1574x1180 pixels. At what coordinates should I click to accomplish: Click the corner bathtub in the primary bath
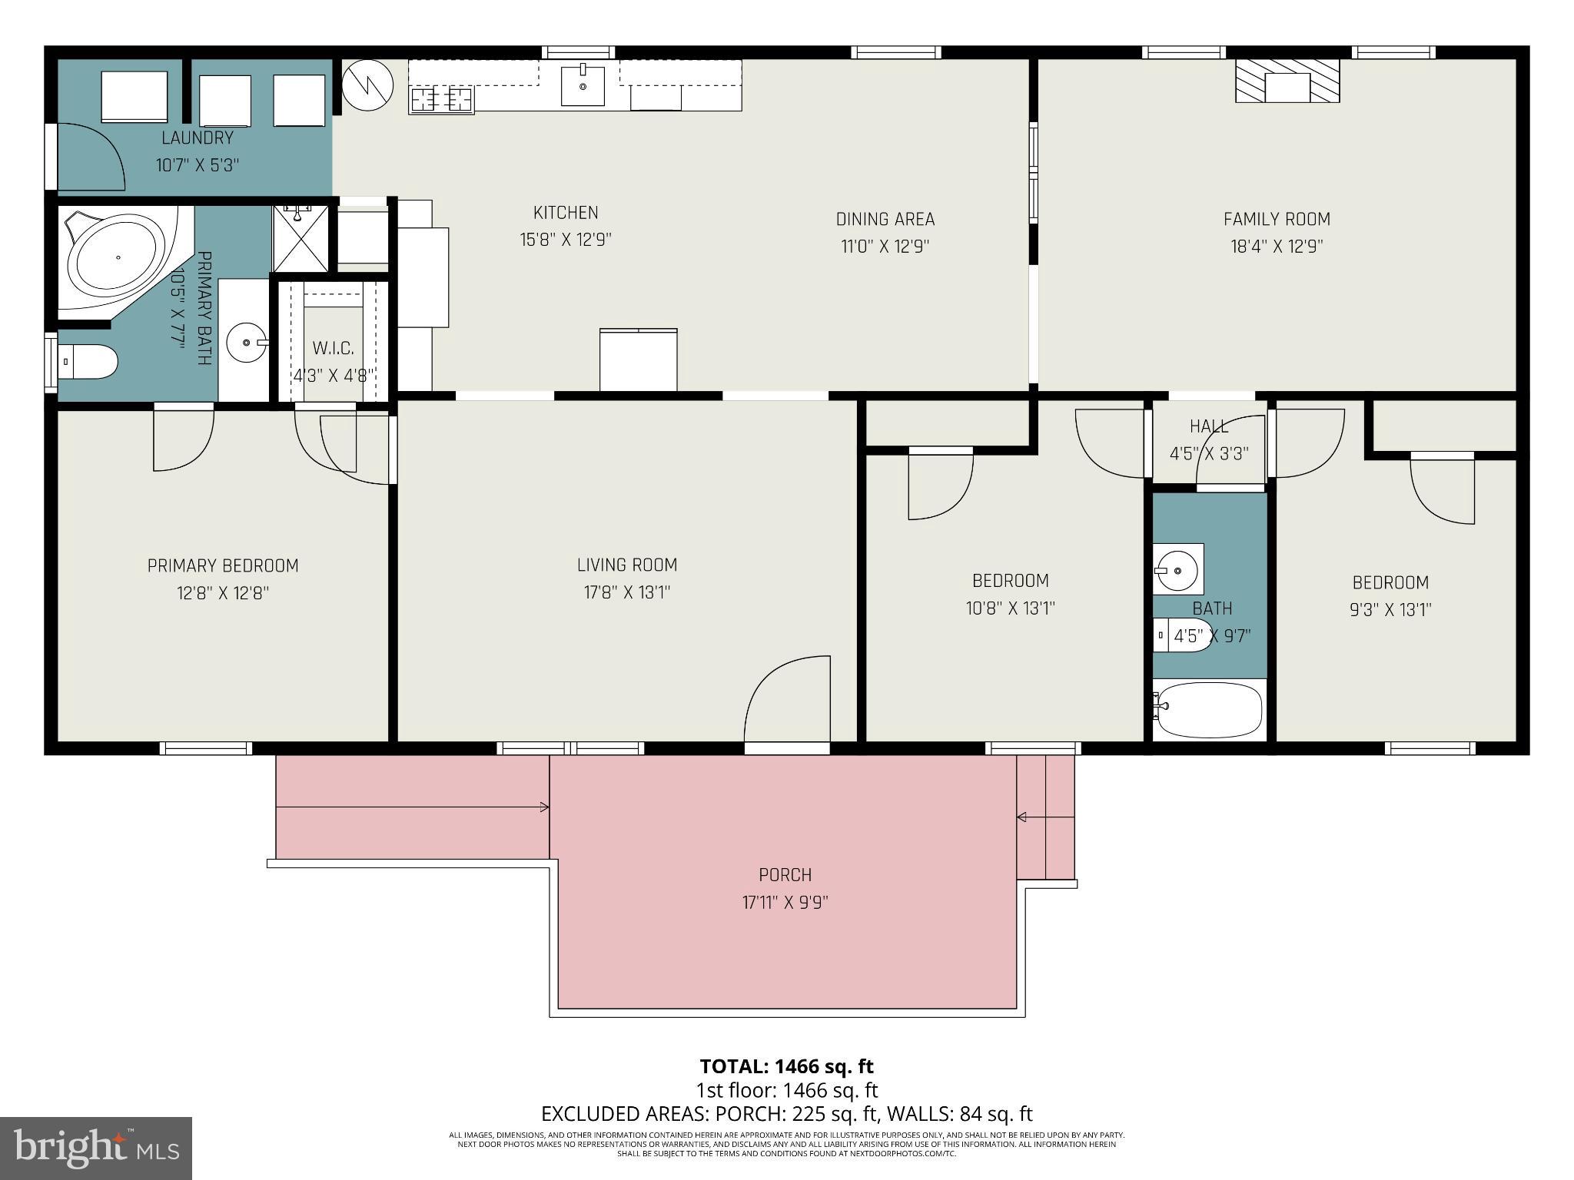pyautogui.click(x=118, y=257)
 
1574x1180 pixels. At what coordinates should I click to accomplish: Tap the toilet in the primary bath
pyautogui.click(x=91, y=361)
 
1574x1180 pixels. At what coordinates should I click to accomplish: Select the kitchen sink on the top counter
pyautogui.click(x=582, y=85)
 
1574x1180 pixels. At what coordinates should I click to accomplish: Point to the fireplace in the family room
pyautogui.click(x=1287, y=81)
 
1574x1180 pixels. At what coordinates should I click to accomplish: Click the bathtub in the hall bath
pyautogui.click(x=1210, y=709)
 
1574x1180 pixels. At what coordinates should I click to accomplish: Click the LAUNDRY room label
pyautogui.click(x=198, y=138)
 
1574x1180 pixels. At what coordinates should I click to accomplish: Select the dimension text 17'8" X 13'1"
pyautogui.click(x=626, y=592)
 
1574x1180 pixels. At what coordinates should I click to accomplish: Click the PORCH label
pyautogui.click(x=785, y=875)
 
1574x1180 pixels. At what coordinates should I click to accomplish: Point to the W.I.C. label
pyautogui.click(x=333, y=349)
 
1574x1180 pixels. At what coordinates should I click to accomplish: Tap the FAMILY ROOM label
pyautogui.click(x=1276, y=220)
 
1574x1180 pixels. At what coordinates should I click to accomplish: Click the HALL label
pyautogui.click(x=1209, y=426)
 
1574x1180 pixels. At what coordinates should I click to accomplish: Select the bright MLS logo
pyautogui.click(x=96, y=1148)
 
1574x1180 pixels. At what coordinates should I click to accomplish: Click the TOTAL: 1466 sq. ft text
pyautogui.click(x=786, y=1066)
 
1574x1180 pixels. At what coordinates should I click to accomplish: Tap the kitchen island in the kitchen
pyautogui.click(x=638, y=360)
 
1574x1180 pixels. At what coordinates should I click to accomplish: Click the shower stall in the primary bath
pyautogui.click(x=301, y=238)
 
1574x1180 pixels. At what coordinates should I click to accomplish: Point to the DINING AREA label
pyautogui.click(x=885, y=220)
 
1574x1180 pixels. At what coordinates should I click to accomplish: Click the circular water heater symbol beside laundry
pyautogui.click(x=367, y=85)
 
